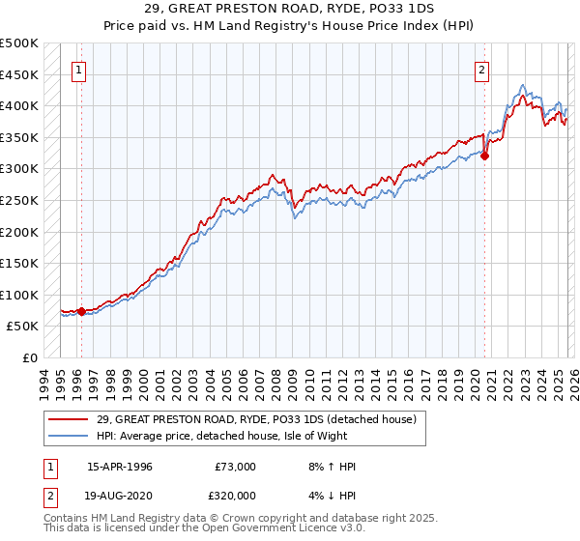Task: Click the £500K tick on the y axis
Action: pyautogui.click(x=19, y=43)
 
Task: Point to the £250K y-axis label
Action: pyautogui.click(x=19, y=200)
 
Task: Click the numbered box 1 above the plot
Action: pyautogui.click(x=78, y=69)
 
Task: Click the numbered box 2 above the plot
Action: pyautogui.click(x=481, y=69)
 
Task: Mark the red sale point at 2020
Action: pyautogui.click(x=485, y=157)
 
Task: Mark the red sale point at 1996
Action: pyautogui.click(x=81, y=311)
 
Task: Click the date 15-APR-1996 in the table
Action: pyautogui.click(x=119, y=467)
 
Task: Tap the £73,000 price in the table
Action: pyautogui.click(x=235, y=467)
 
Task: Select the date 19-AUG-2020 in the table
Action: pyautogui.click(x=120, y=496)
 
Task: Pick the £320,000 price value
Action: pyautogui.click(x=235, y=496)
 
